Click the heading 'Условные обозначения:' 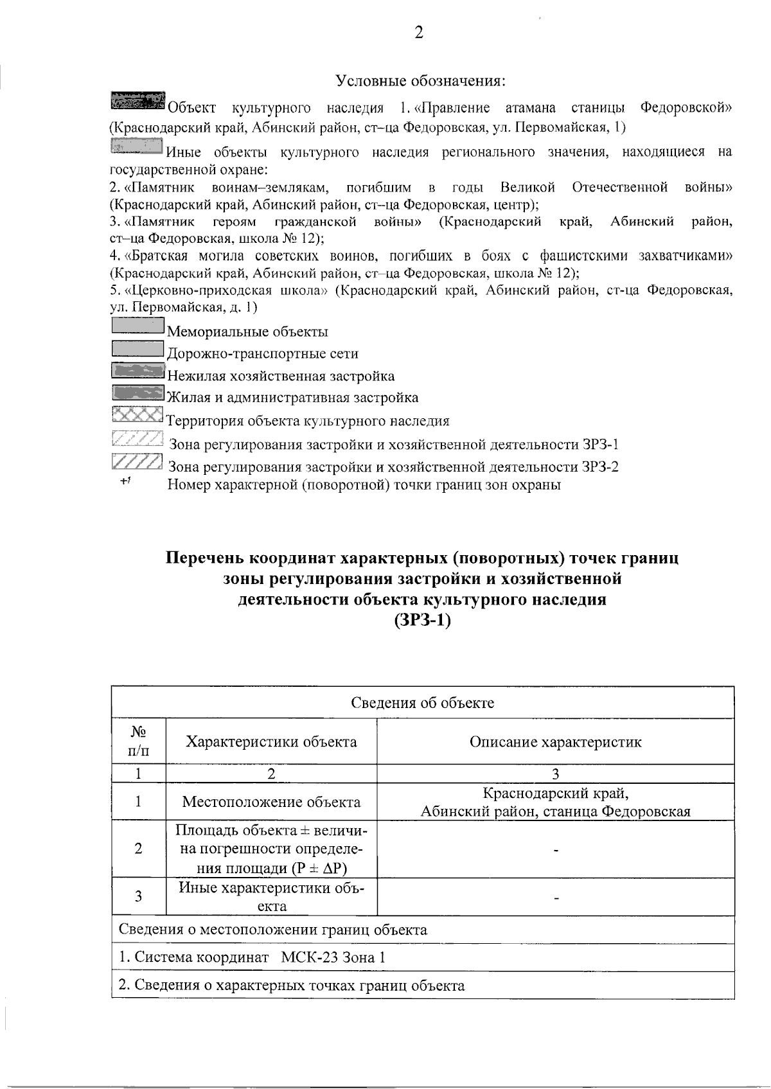pos(421,82)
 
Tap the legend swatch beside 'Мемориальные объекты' pos(137,326)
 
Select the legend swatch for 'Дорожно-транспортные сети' pos(137,349)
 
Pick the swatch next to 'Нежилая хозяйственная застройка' pos(137,371)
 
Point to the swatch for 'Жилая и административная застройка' pos(137,393)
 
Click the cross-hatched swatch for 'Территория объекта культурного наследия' pos(137,416)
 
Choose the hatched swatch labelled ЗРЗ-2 pos(136,462)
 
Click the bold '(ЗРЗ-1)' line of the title pos(421,621)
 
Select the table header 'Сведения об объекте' pos(422,702)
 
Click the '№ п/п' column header pos(138,741)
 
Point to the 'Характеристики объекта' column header pos(271,741)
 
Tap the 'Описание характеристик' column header pos(555,742)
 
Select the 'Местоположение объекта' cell pos(271,801)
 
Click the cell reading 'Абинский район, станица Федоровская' pos(555,811)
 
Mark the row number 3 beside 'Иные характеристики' pos(138,896)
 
